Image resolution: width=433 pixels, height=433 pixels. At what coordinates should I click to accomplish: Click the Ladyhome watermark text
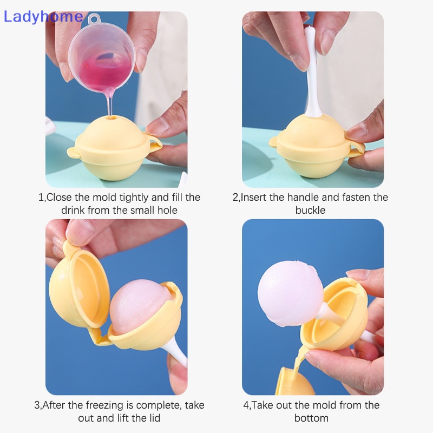coord(43,16)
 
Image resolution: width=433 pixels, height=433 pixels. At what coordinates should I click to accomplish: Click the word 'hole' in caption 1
coord(166,210)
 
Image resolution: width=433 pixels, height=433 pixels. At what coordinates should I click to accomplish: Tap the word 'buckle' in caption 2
coord(310,210)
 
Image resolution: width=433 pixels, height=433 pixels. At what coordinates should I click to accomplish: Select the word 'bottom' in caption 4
coord(311,418)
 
